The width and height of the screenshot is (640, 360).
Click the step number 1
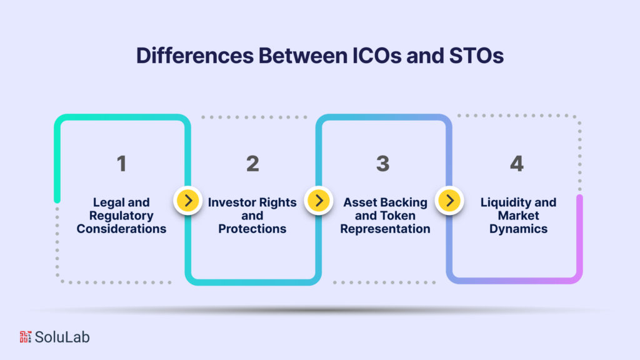121,164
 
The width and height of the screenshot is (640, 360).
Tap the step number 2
252,164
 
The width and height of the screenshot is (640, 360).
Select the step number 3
382,164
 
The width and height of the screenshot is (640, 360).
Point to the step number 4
516,164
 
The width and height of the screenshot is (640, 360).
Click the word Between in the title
288,56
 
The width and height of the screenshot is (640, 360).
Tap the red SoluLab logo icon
25,337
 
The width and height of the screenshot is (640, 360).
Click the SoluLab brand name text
62,337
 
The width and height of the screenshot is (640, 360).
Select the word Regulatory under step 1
121,216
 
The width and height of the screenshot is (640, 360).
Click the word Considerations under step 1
121,229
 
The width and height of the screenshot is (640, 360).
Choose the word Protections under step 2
252,229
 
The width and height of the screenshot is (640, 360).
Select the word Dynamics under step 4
518,229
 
